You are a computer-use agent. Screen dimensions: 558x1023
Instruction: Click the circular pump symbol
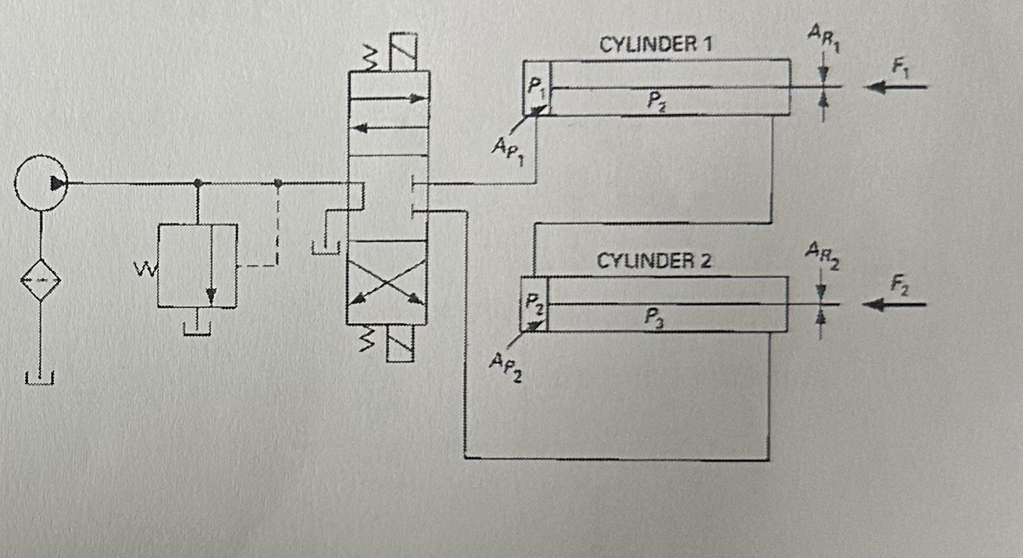pyautogui.click(x=42, y=183)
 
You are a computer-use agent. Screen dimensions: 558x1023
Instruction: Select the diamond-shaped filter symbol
pyautogui.click(x=40, y=281)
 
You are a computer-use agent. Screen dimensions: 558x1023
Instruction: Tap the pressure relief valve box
pyautogui.click(x=197, y=265)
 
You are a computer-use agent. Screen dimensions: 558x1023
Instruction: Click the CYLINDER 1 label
pyautogui.click(x=656, y=45)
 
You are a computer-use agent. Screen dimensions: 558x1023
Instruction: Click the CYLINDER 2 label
pyautogui.click(x=654, y=262)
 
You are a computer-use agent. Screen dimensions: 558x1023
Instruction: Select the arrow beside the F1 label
pyautogui.click(x=896, y=88)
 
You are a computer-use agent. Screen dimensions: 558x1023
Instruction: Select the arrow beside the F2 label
pyautogui.click(x=896, y=304)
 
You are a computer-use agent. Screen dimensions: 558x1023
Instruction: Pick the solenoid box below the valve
pyautogui.click(x=400, y=343)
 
